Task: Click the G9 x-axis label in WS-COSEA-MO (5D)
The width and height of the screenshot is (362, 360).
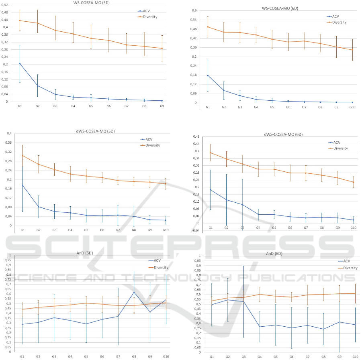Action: pos(162,106)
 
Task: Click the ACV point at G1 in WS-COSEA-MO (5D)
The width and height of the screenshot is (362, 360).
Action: pos(20,63)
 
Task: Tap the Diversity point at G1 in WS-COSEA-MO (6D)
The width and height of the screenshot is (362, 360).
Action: pos(208,27)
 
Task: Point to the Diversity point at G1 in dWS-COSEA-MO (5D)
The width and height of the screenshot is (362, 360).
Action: pos(22,156)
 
